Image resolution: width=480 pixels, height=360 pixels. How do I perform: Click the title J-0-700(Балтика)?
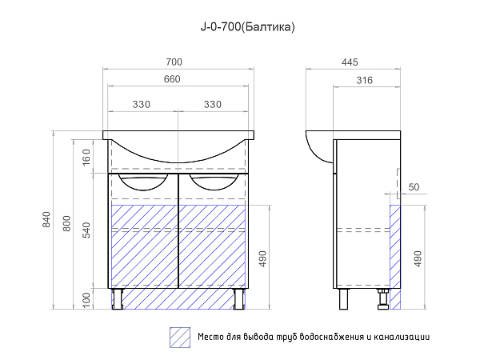coord(248,27)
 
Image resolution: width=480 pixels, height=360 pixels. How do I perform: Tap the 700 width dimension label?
coord(174,62)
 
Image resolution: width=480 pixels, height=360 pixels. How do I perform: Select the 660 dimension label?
coord(172,79)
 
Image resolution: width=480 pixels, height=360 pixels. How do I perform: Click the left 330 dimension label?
coord(142,105)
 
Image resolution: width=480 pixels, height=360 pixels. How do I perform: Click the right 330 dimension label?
coord(213,105)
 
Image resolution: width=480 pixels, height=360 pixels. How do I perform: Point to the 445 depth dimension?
coord(350,62)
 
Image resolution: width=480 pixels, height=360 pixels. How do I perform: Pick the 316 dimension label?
coord(365,81)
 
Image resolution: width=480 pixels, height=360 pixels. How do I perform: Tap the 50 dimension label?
coord(414,187)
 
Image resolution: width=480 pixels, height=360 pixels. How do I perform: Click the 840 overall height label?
coord(46,219)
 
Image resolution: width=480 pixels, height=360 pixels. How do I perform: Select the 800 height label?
coord(66,223)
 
